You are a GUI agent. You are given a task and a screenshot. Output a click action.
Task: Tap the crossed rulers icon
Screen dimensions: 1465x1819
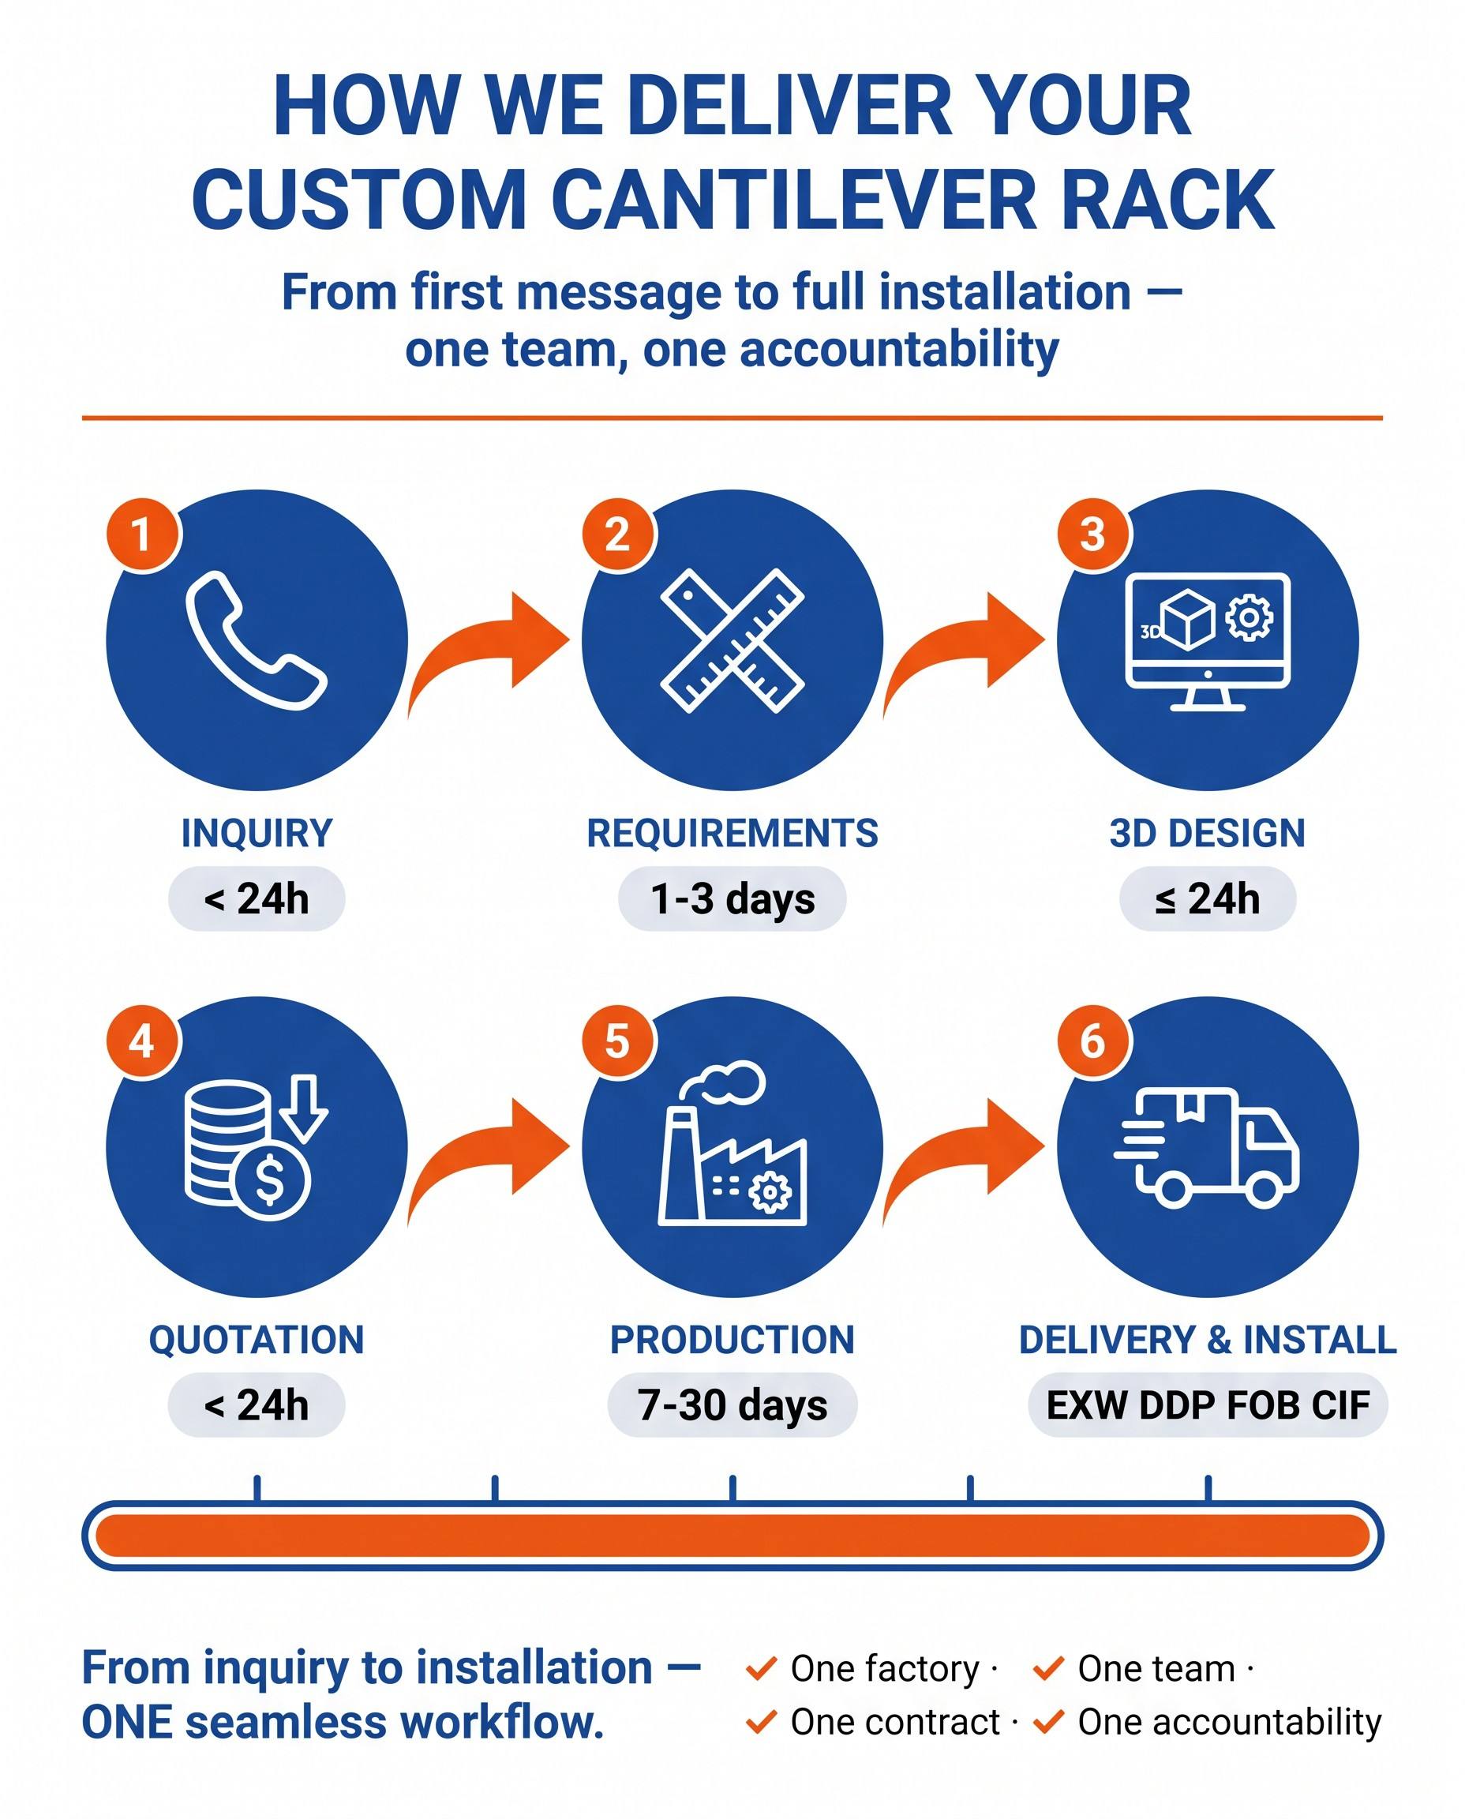[732, 640]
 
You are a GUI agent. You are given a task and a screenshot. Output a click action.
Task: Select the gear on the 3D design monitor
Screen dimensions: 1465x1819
[1249, 618]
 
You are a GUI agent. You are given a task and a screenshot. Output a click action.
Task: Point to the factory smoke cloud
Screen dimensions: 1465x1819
[731, 1082]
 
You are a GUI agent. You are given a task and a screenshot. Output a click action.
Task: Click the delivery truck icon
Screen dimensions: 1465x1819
[1207, 1146]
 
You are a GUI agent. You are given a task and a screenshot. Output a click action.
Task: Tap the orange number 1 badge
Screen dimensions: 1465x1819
[143, 534]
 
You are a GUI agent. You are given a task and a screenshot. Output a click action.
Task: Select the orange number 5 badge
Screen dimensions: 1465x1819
[618, 1041]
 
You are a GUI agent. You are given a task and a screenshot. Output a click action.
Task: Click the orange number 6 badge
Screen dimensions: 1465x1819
[1093, 1041]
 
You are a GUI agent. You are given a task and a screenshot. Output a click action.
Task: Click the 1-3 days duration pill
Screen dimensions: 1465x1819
[732, 899]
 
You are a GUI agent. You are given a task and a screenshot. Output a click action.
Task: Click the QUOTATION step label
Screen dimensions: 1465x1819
[257, 1341]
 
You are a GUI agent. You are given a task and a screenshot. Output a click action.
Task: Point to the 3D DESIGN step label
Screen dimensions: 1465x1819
[1208, 833]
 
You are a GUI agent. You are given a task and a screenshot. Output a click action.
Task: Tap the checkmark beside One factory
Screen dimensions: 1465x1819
[761, 1668]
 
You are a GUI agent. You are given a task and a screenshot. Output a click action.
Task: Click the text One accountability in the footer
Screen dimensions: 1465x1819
[1230, 1722]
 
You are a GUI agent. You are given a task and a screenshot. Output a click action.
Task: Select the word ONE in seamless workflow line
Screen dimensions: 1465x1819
[126, 1723]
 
